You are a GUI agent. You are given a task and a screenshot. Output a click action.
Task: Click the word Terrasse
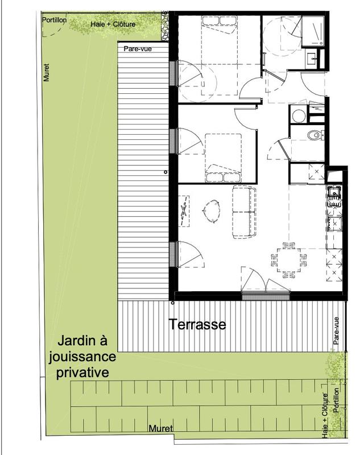click(197, 325)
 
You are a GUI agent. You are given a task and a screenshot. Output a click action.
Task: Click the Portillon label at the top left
click(55, 20)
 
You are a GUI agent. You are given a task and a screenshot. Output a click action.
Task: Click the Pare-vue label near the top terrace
click(138, 49)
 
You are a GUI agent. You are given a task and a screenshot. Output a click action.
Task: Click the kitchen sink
click(334, 195)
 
